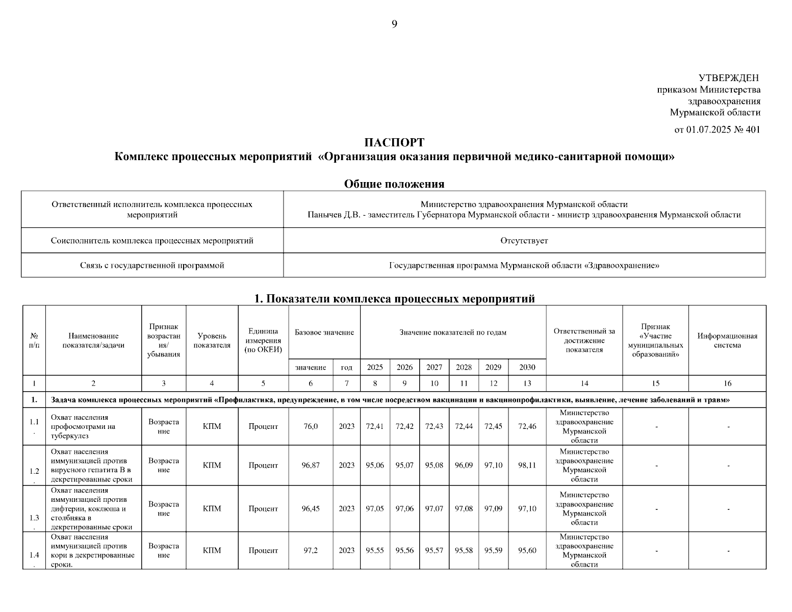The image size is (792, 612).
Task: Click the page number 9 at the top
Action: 394,24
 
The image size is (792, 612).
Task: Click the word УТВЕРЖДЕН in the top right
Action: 728,78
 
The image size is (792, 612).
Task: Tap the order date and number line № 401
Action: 717,130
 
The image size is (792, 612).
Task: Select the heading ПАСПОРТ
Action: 394,142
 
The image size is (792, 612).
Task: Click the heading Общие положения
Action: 394,184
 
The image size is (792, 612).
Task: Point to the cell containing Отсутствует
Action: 524,240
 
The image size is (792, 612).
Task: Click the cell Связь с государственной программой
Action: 152,265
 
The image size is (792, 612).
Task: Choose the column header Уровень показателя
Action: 212,340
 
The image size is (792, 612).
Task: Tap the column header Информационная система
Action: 727,340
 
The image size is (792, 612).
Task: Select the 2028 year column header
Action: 464,367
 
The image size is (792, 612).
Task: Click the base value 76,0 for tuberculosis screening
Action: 311,426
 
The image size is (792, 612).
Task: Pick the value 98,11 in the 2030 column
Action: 527,465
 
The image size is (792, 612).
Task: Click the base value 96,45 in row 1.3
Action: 311,508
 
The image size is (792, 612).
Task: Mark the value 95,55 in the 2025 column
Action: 375,550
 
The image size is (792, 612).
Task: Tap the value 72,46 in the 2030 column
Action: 527,426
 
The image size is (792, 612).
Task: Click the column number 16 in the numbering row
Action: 727,384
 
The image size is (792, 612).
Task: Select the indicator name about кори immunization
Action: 93,550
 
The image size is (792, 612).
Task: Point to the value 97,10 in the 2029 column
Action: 493,465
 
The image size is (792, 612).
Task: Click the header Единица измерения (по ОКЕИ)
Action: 263,340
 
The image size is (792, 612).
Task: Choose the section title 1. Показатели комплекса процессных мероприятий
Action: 394,299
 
